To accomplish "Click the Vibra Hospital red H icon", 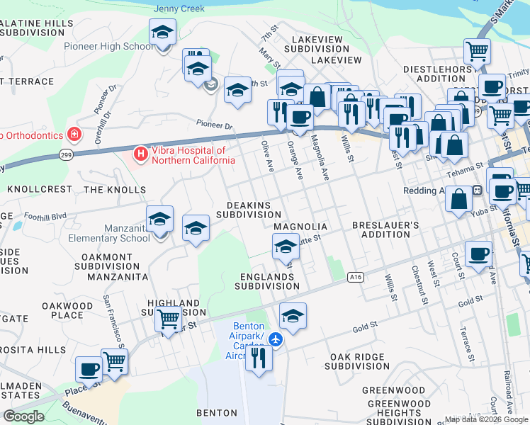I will [x=140, y=153].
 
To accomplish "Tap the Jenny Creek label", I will [x=179, y=8].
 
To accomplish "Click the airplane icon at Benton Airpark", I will [x=276, y=341].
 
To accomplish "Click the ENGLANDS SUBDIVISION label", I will [x=266, y=281].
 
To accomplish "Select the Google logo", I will [x=23, y=416].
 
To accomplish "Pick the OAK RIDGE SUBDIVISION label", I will [x=357, y=361].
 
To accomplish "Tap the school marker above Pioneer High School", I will [x=162, y=33].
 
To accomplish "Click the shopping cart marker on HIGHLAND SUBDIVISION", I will [x=168, y=319].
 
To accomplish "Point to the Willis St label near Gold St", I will [x=388, y=287].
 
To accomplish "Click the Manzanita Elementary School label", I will [x=109, y=233].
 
